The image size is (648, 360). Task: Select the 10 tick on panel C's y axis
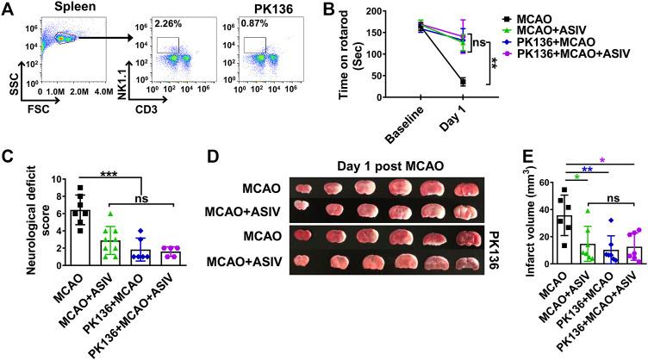coord(40,181)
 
